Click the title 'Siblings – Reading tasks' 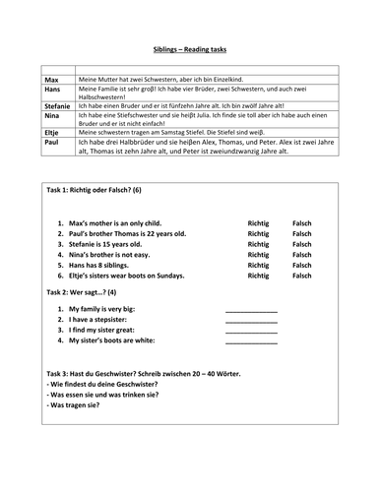[x=189, y=47]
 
